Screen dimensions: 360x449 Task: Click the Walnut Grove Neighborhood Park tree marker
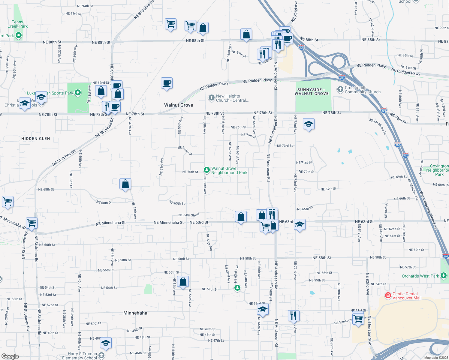pyautogui.click(x=206, y=170)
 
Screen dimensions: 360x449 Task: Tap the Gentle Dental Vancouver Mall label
pyautogui.click(x=407, y=296)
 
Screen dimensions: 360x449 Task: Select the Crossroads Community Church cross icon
pyautogui.click(x=340, y=89)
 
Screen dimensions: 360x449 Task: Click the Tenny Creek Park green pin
pyautogui.click(x=19, y=36)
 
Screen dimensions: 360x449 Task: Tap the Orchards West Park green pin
pyautogui.click(x=444, y=276)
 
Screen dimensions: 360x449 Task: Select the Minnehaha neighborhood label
pyautogui.click(x=135, y=313)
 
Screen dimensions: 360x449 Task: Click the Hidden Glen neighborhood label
pyautogui.click(x=36, y=139)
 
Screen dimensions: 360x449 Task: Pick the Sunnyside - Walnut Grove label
pyautogui.click(x=312, y=91)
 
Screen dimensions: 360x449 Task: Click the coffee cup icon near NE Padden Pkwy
pyautogui.click(x=167, y=83)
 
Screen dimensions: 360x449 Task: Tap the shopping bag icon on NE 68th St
pyautogui.click(x=125, y=184)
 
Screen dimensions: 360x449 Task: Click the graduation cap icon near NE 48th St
pyautogui.click(x=105, y=343)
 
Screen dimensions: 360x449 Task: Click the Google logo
pyautogui.click(x=10, y=356)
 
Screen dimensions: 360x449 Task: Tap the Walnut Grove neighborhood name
pyautogui.click(x=179, y=105)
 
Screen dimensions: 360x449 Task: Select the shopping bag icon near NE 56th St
pyautogui.click(x=183, y=281)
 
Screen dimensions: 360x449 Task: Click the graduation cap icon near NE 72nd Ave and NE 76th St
pyautogui.click(x=309, y=124)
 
